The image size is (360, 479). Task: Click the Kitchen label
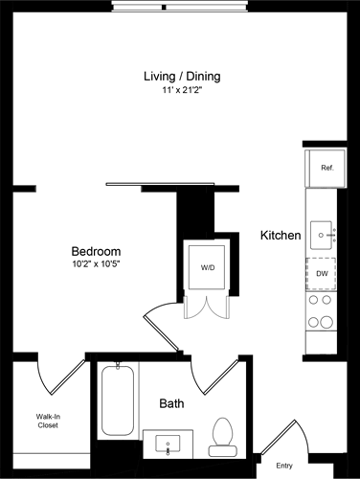coord(281,235)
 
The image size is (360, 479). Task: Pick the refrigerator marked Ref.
coord(326,168)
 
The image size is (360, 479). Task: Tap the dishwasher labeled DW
coord(323,272)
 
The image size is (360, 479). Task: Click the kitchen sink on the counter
coord(324,234)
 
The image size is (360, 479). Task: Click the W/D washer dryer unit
coord(208,267)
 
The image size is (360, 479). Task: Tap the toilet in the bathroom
coord(224,432)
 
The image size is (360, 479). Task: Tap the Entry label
coord(284,466)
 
